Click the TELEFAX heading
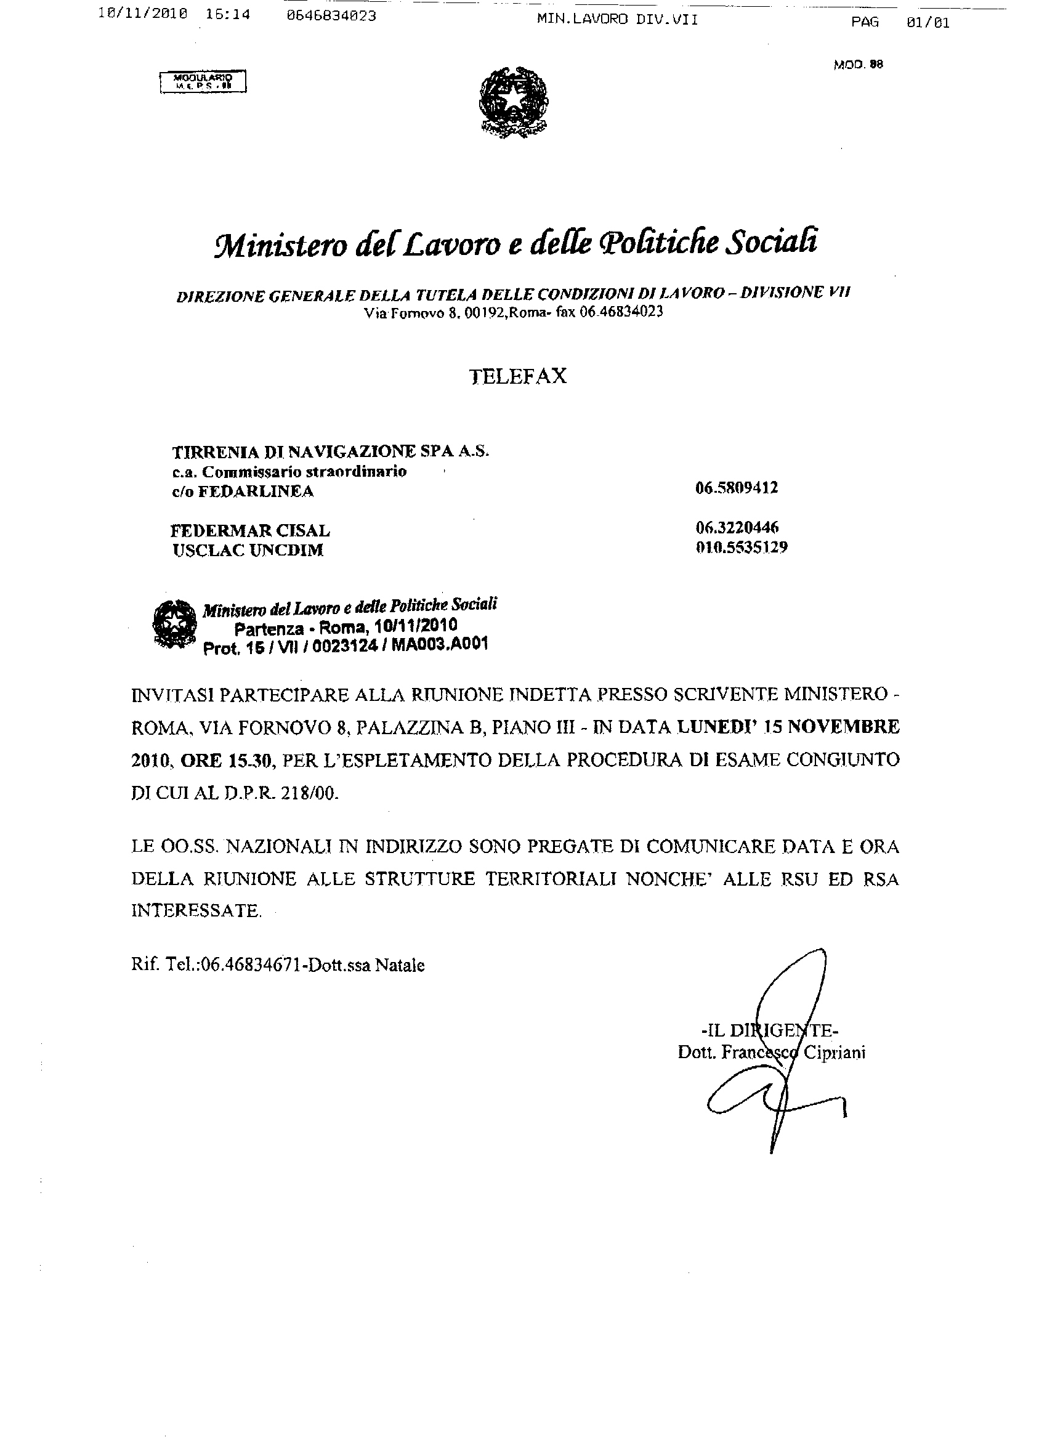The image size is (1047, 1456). [x=519, y=376]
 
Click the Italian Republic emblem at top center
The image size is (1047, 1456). [x=514, y=102]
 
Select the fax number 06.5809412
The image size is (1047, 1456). [x=737, y=488]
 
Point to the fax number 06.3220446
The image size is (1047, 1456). [x=737, y=528]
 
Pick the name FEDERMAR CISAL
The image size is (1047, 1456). [x=250, y=531]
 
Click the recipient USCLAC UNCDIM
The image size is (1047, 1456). [x=248, y=551]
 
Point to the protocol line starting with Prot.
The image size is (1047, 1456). [x=346, y=646]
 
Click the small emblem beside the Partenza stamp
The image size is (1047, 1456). [x=174, y=624]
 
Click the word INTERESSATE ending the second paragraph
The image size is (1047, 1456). [x=196, y=911]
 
